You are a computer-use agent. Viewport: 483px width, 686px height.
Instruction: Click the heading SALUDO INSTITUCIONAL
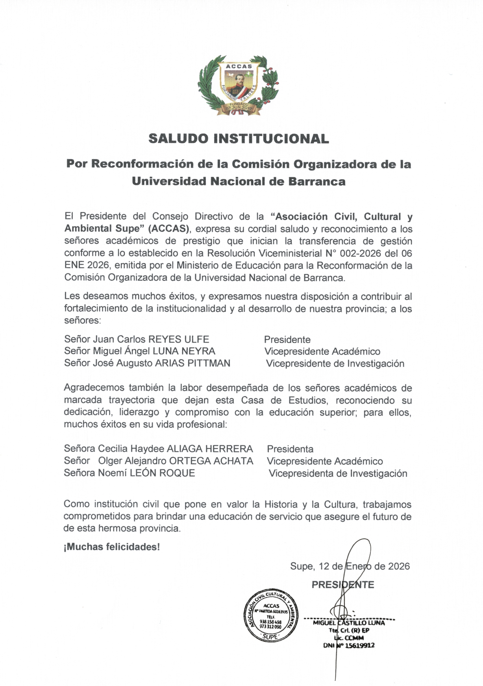point(239,139)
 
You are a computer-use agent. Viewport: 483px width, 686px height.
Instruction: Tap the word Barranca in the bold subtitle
point(317,182)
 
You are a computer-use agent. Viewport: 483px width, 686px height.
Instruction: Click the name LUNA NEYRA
point(184,351)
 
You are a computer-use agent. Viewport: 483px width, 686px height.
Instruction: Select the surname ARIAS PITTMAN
point(192,363)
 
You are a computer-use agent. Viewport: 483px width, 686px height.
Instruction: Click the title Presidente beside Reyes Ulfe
point(287,339)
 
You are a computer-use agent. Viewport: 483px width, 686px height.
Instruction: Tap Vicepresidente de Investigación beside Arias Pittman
point(335,363)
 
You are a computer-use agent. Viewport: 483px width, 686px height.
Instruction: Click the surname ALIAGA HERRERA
point(210,449)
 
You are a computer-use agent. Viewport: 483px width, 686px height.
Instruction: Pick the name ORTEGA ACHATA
point(211,461)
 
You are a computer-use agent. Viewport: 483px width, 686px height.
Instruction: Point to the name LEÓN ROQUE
point(162,473)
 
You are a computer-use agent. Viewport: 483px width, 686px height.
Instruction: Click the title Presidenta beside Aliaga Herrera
point(290,449)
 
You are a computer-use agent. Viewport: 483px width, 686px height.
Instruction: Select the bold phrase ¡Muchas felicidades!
point(112,547)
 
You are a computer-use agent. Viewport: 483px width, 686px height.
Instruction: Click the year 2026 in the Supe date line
point(399,566)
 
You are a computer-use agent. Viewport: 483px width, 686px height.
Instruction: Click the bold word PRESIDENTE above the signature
point(343,585)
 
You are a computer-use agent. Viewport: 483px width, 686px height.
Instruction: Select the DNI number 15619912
point(359,645)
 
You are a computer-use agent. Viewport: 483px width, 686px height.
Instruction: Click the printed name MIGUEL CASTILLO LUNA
point(349,623)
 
